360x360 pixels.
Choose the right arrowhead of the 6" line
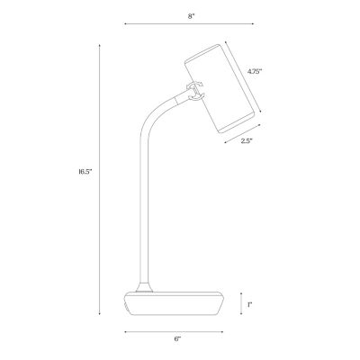[223, 331]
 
